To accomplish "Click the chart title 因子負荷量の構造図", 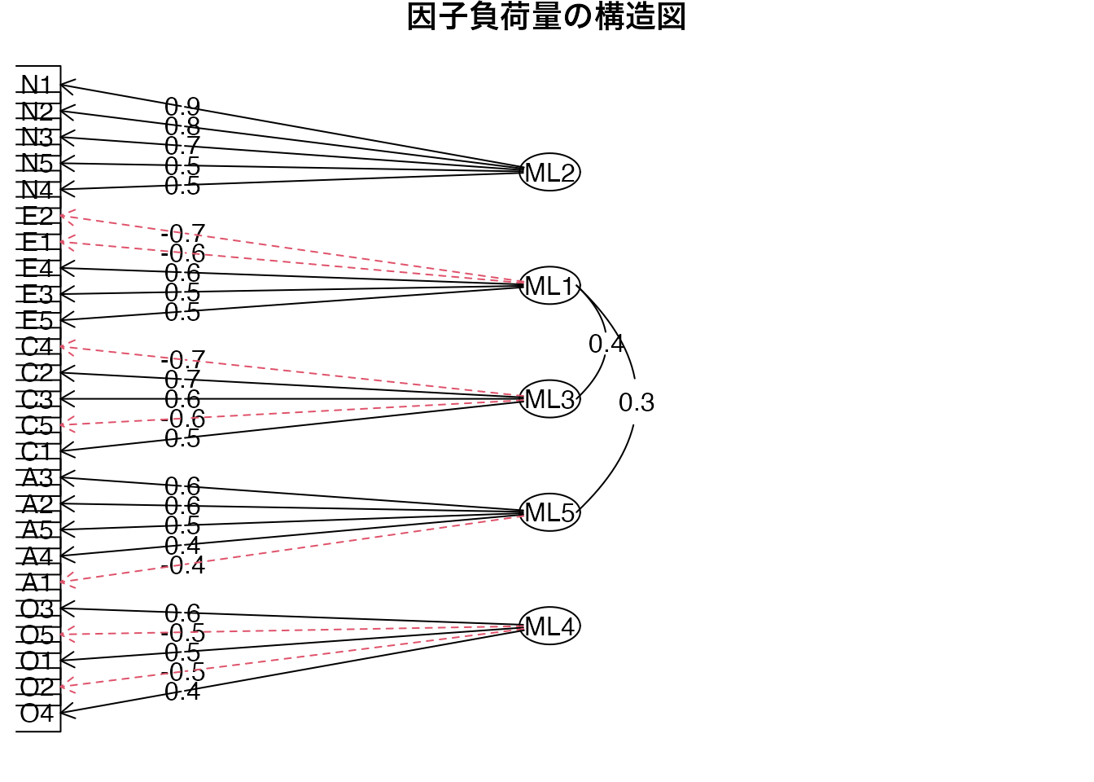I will coord(546,17).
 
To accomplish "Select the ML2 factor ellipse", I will coord(549,172).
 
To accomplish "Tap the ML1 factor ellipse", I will coord(549,286).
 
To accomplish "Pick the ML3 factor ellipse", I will coord(549,399).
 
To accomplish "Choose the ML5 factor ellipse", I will coord(549,512).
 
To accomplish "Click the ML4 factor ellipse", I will coord(549,626).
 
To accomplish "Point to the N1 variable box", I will coord(37,85).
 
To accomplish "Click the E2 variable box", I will coord(37,216).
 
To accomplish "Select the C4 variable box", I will coord(37,347).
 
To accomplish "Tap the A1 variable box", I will coord(37,582).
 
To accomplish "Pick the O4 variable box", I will coord(37,714).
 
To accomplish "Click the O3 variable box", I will coord(37,608).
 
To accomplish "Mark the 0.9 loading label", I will coord(182,107).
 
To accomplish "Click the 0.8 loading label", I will coord(182,126).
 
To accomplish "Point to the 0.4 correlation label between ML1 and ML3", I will coord(606,344).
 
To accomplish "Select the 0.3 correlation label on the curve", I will coord(637,402).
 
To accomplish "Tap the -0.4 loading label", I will coord(182,565).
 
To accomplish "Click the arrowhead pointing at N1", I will coord(64,85).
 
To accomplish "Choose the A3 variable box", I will coord(37,477).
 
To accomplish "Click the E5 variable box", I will coord(37,320).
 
